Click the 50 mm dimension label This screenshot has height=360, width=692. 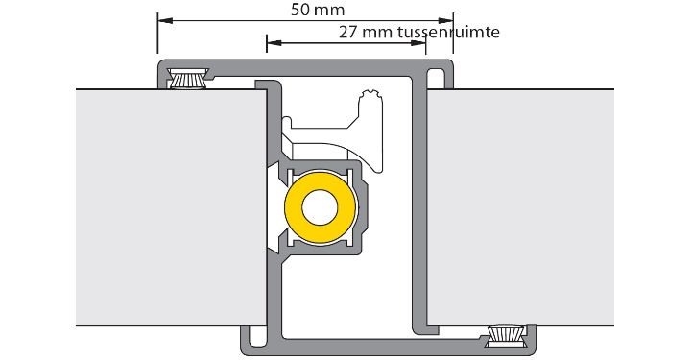pyautogui.click(x=318, y=10)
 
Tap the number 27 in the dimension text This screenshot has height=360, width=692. pyautogui.click(x=348, y=33)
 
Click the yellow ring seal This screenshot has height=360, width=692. pyautogui.click(x=320, y=207)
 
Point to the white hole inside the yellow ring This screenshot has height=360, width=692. pyautogui.click(x=320, y=207)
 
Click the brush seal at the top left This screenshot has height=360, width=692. pyautogui.click(x=188, y=79)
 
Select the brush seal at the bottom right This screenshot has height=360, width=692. pyautogui.click(x=506, y=336)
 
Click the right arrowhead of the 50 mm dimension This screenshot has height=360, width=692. pyautogui.click(x=445, y=20)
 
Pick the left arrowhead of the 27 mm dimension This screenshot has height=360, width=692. pyautogui.click(x=274, y=43)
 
